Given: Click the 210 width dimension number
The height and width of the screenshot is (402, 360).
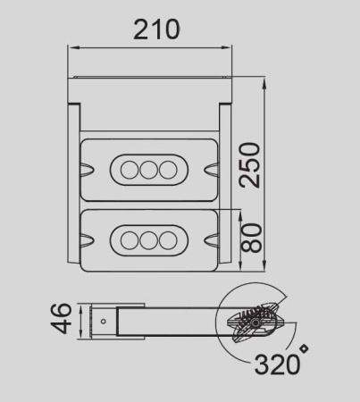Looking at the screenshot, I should [156, 29].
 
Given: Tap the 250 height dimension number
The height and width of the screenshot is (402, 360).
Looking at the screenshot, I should [253, 163].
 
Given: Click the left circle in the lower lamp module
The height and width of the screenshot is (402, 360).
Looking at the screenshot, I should [127, 239].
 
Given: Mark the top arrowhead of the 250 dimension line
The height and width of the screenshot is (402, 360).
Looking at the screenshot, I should [266, 83].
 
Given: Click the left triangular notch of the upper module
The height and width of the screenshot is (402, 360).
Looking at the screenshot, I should [86, 168].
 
